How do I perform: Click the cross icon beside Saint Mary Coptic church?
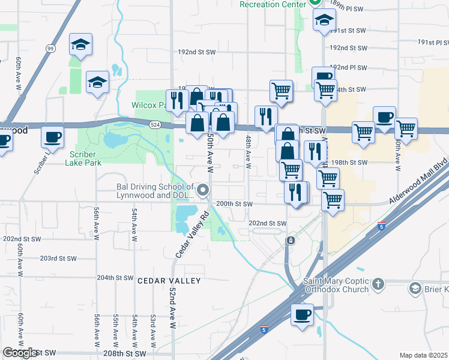coord(378,283)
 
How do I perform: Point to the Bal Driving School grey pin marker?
coord(203,190)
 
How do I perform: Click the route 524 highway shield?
coord(155,124)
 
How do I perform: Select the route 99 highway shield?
coord(50,48)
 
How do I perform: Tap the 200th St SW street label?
coord(234,204)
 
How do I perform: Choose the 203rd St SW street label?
coord(58,259)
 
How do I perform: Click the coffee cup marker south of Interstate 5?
coord(302,314)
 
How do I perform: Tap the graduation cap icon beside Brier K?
coord(415,289)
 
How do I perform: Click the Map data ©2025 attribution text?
coord(424,355)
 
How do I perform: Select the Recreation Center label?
coord(273,4)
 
